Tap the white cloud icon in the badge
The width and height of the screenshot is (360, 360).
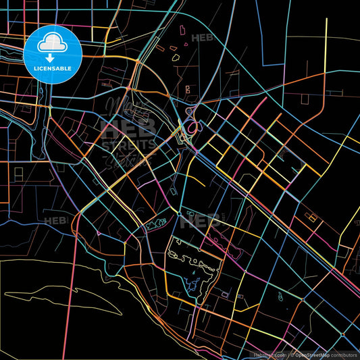pos(53,41)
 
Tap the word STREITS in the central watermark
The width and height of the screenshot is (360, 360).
pos(128,144)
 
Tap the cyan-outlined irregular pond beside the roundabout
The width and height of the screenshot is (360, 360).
pos(156,222)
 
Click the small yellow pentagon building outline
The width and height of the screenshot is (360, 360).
pos(176,57)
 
